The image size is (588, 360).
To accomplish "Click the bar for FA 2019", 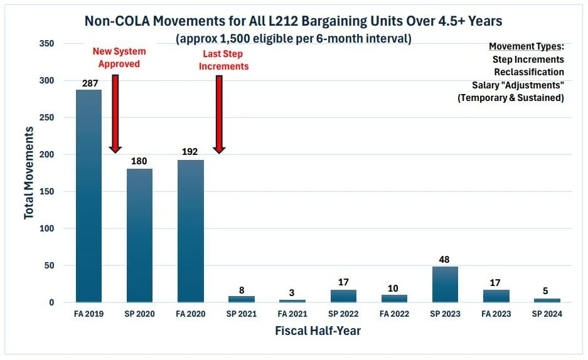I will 88,196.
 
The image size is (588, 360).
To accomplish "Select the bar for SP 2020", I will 139,235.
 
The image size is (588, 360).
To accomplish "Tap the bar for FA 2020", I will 191,231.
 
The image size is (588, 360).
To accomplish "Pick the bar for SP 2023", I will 445,284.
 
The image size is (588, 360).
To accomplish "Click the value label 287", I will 88,83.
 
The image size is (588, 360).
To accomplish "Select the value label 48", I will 445,259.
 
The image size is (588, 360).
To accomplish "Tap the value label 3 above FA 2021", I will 292,293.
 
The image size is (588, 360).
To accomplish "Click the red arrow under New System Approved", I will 115,113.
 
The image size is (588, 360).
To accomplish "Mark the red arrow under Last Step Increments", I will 219,114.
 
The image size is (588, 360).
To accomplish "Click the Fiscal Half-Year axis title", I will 318,331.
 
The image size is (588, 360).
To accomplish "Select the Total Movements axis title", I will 29,172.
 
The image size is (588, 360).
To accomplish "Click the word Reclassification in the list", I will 529,72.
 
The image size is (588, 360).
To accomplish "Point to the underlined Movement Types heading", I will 526,47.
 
